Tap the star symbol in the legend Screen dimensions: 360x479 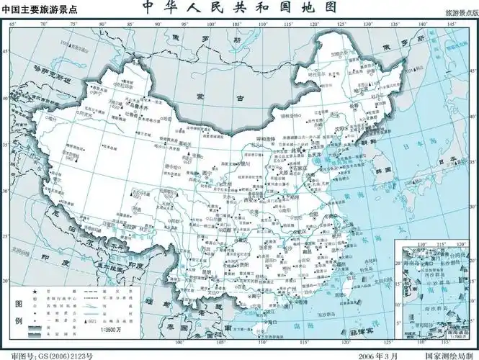33,287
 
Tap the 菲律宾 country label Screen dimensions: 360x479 360,333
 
